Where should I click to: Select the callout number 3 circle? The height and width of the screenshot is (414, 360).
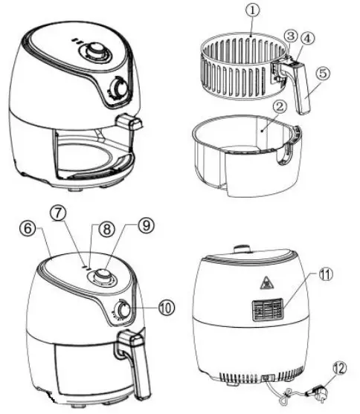(292, 36)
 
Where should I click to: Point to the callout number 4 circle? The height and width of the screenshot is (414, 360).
(308, 37)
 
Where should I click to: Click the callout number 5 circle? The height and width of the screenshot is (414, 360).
(324, 74)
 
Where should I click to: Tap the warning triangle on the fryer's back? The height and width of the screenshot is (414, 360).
(263, 282)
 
